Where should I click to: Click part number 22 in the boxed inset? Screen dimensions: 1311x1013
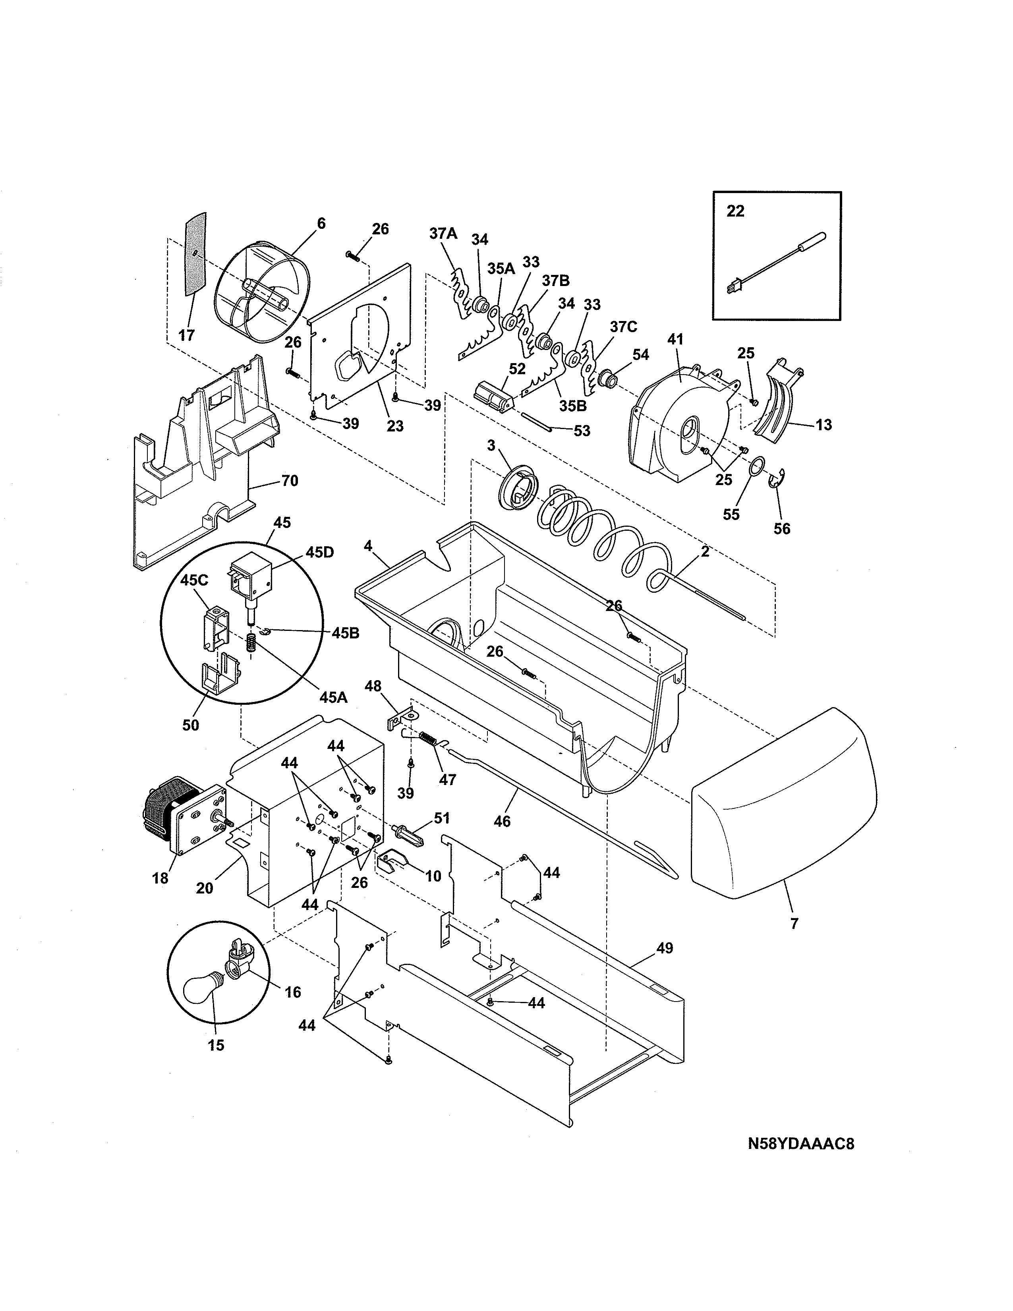click(x=735, y=211)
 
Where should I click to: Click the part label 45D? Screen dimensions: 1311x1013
click(x=319, y=552)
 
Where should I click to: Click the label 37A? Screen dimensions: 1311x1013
click(x=443, y=233)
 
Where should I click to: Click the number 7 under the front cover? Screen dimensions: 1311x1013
click(x=794, y=923)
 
